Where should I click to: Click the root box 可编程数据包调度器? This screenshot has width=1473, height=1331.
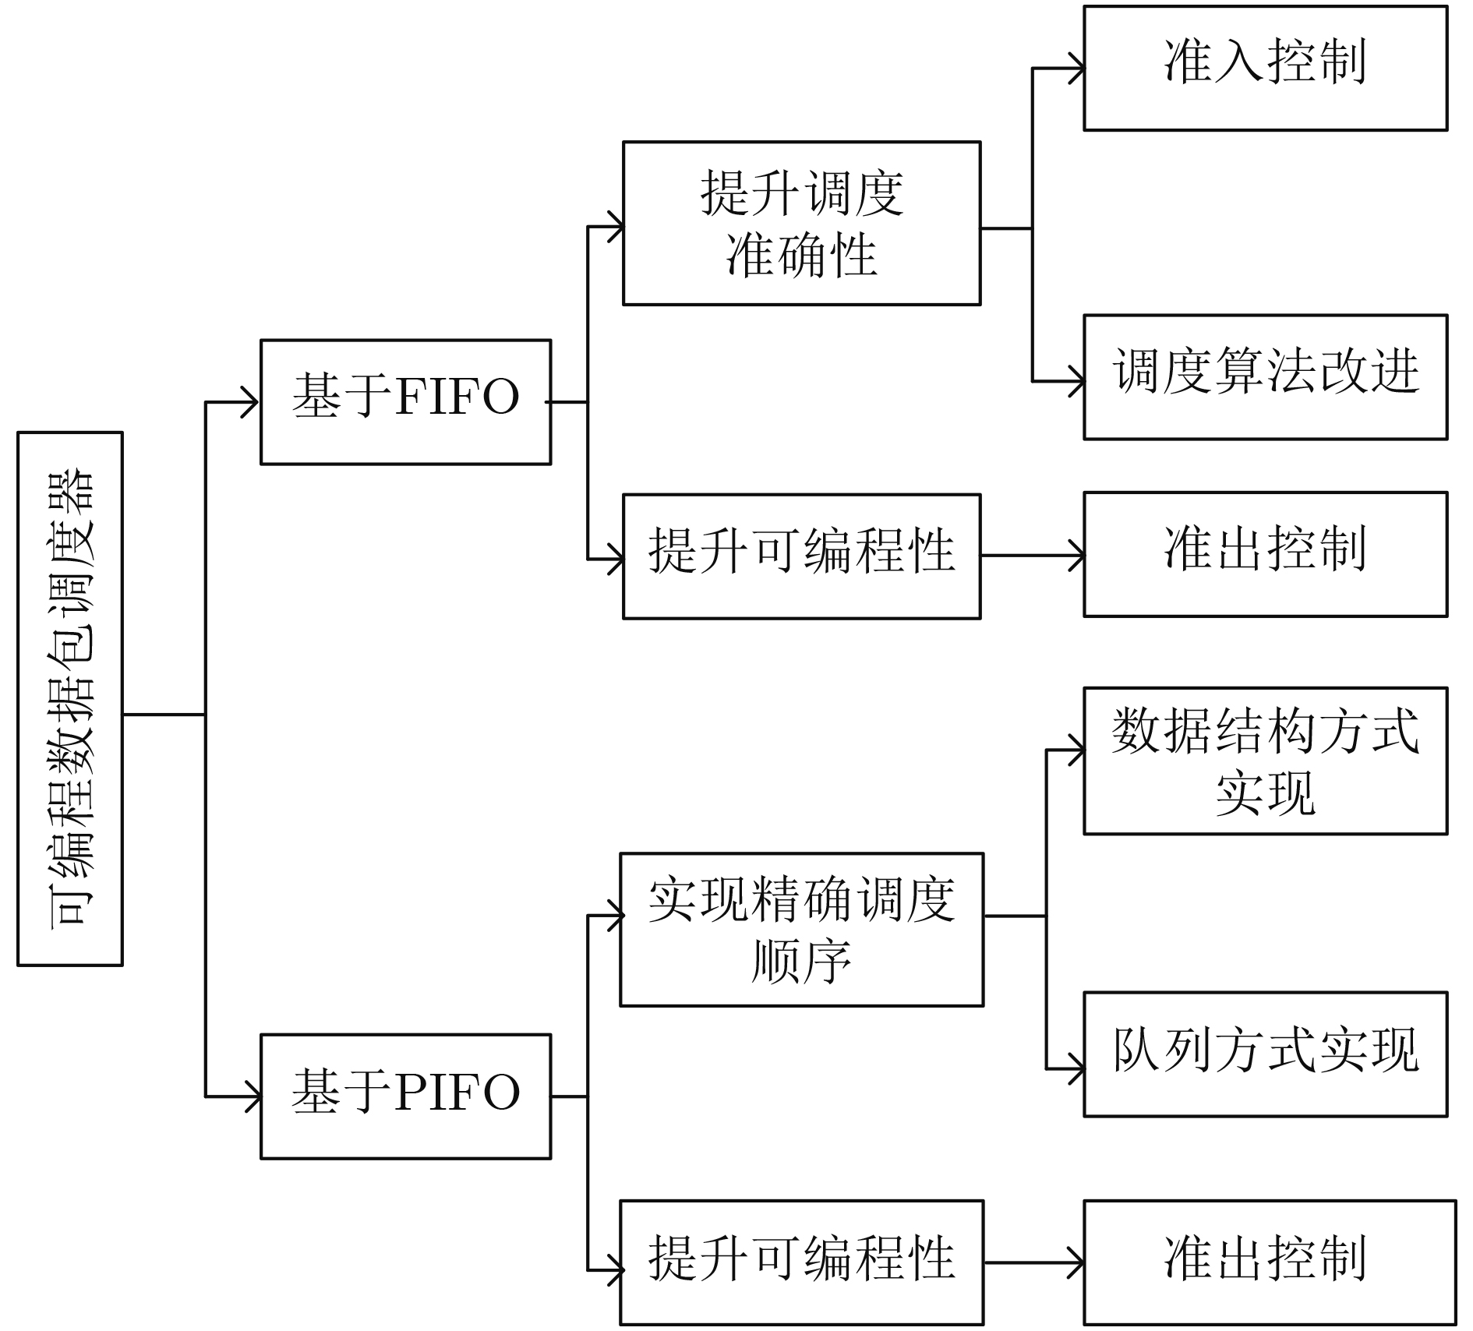click(70, 698)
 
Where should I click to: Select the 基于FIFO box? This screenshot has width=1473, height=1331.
click(405, 401)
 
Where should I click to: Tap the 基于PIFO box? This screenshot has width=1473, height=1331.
click(405, 1096)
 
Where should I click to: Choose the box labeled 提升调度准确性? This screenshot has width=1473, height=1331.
click(801, 223)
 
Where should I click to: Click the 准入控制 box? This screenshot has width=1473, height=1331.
click(1264, 68)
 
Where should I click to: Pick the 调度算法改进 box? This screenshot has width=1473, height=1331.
click(1264, 376)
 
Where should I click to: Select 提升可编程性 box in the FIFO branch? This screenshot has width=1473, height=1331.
click(801, 556)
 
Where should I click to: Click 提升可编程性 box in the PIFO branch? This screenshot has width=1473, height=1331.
click(801, 1262)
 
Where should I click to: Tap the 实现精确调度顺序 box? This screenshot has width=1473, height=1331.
click(801, 929)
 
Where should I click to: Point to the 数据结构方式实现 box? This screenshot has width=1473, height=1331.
click(1264, 761)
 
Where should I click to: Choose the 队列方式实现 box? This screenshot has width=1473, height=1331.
click(1264, 1054)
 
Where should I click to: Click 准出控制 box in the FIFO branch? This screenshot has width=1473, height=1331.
click(1264, 554)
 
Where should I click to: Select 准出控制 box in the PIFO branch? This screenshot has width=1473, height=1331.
click(1269, 1262)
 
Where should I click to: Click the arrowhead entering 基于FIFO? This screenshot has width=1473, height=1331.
click(252, 402)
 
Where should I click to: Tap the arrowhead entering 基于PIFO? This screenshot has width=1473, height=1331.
click(253, 1096)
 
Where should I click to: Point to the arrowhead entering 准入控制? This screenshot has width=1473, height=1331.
click(1076, 69)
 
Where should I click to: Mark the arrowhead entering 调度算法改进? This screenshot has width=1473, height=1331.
click(1076, 382)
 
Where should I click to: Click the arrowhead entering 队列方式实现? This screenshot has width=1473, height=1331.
click(1076, 1068)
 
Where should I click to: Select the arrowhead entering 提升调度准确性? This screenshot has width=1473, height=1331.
click(616, 227)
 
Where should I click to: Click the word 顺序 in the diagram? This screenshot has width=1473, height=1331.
click(801, 962)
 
